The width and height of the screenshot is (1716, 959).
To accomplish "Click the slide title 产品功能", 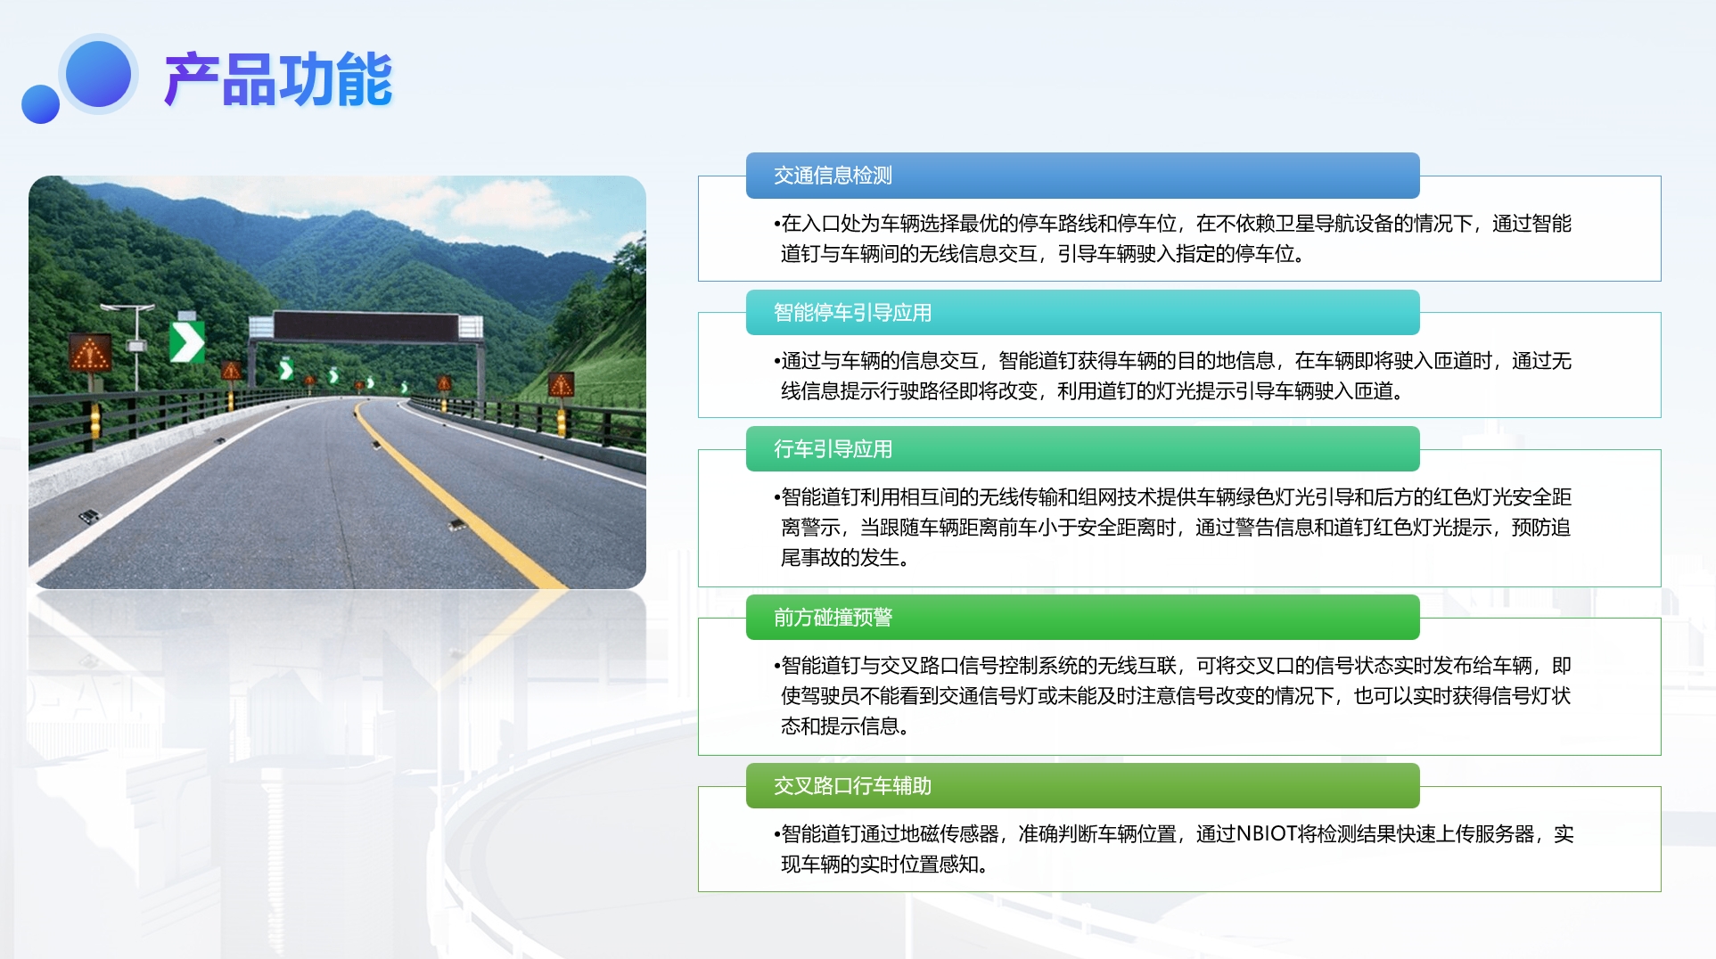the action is point(278,79).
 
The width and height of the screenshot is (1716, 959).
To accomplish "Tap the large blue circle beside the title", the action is point(98,74).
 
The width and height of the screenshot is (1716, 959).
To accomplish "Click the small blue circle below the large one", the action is point(40,104).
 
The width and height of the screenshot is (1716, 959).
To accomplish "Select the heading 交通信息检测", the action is point(833,176).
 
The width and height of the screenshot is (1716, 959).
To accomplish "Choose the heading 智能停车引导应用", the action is point(852,313).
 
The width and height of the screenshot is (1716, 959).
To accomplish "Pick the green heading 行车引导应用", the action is point(833,449).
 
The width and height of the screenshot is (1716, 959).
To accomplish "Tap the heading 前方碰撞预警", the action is point(833,618).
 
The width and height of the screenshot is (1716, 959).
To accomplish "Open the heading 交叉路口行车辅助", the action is point(852,786).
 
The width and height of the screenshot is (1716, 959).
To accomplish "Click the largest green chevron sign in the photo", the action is point(186,342).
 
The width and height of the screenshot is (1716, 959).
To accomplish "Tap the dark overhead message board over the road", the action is point(365,326).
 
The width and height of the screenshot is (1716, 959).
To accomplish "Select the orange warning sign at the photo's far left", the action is point(90,354).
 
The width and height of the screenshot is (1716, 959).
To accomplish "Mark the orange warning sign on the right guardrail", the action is point(561,384).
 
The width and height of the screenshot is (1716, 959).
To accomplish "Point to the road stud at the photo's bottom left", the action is point(89,516).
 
